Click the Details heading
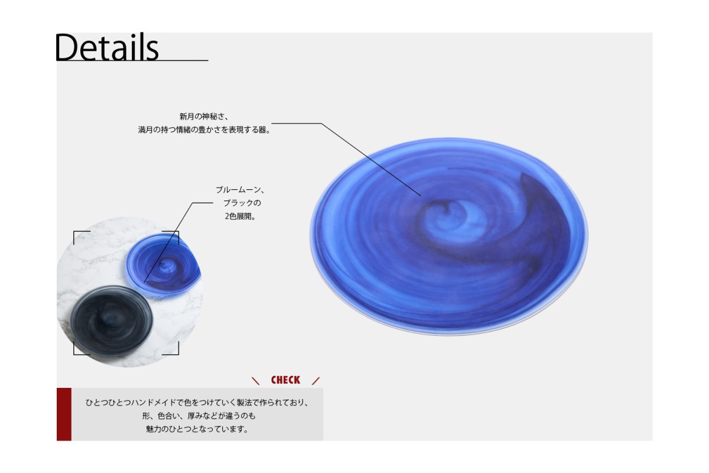[x=107, y=47]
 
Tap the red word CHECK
[x=285, y=380]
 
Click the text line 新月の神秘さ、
[x=204, y=116]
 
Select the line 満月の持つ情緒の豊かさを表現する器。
[x=204, y=130]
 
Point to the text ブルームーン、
[x=240, y=190]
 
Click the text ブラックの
[x=242, y=203]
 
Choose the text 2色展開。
[x=240, y=216]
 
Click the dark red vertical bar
[x=64, y=414]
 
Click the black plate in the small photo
[x=112, y=320]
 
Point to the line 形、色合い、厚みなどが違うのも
[x=199, y=416]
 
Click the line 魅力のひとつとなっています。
[x=197, y=429]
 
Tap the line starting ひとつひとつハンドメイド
[x=197, y=403]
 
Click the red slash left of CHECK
[x=255, y=381]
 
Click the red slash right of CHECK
[x=316, y=381]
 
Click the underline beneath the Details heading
[x=132, y=60]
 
